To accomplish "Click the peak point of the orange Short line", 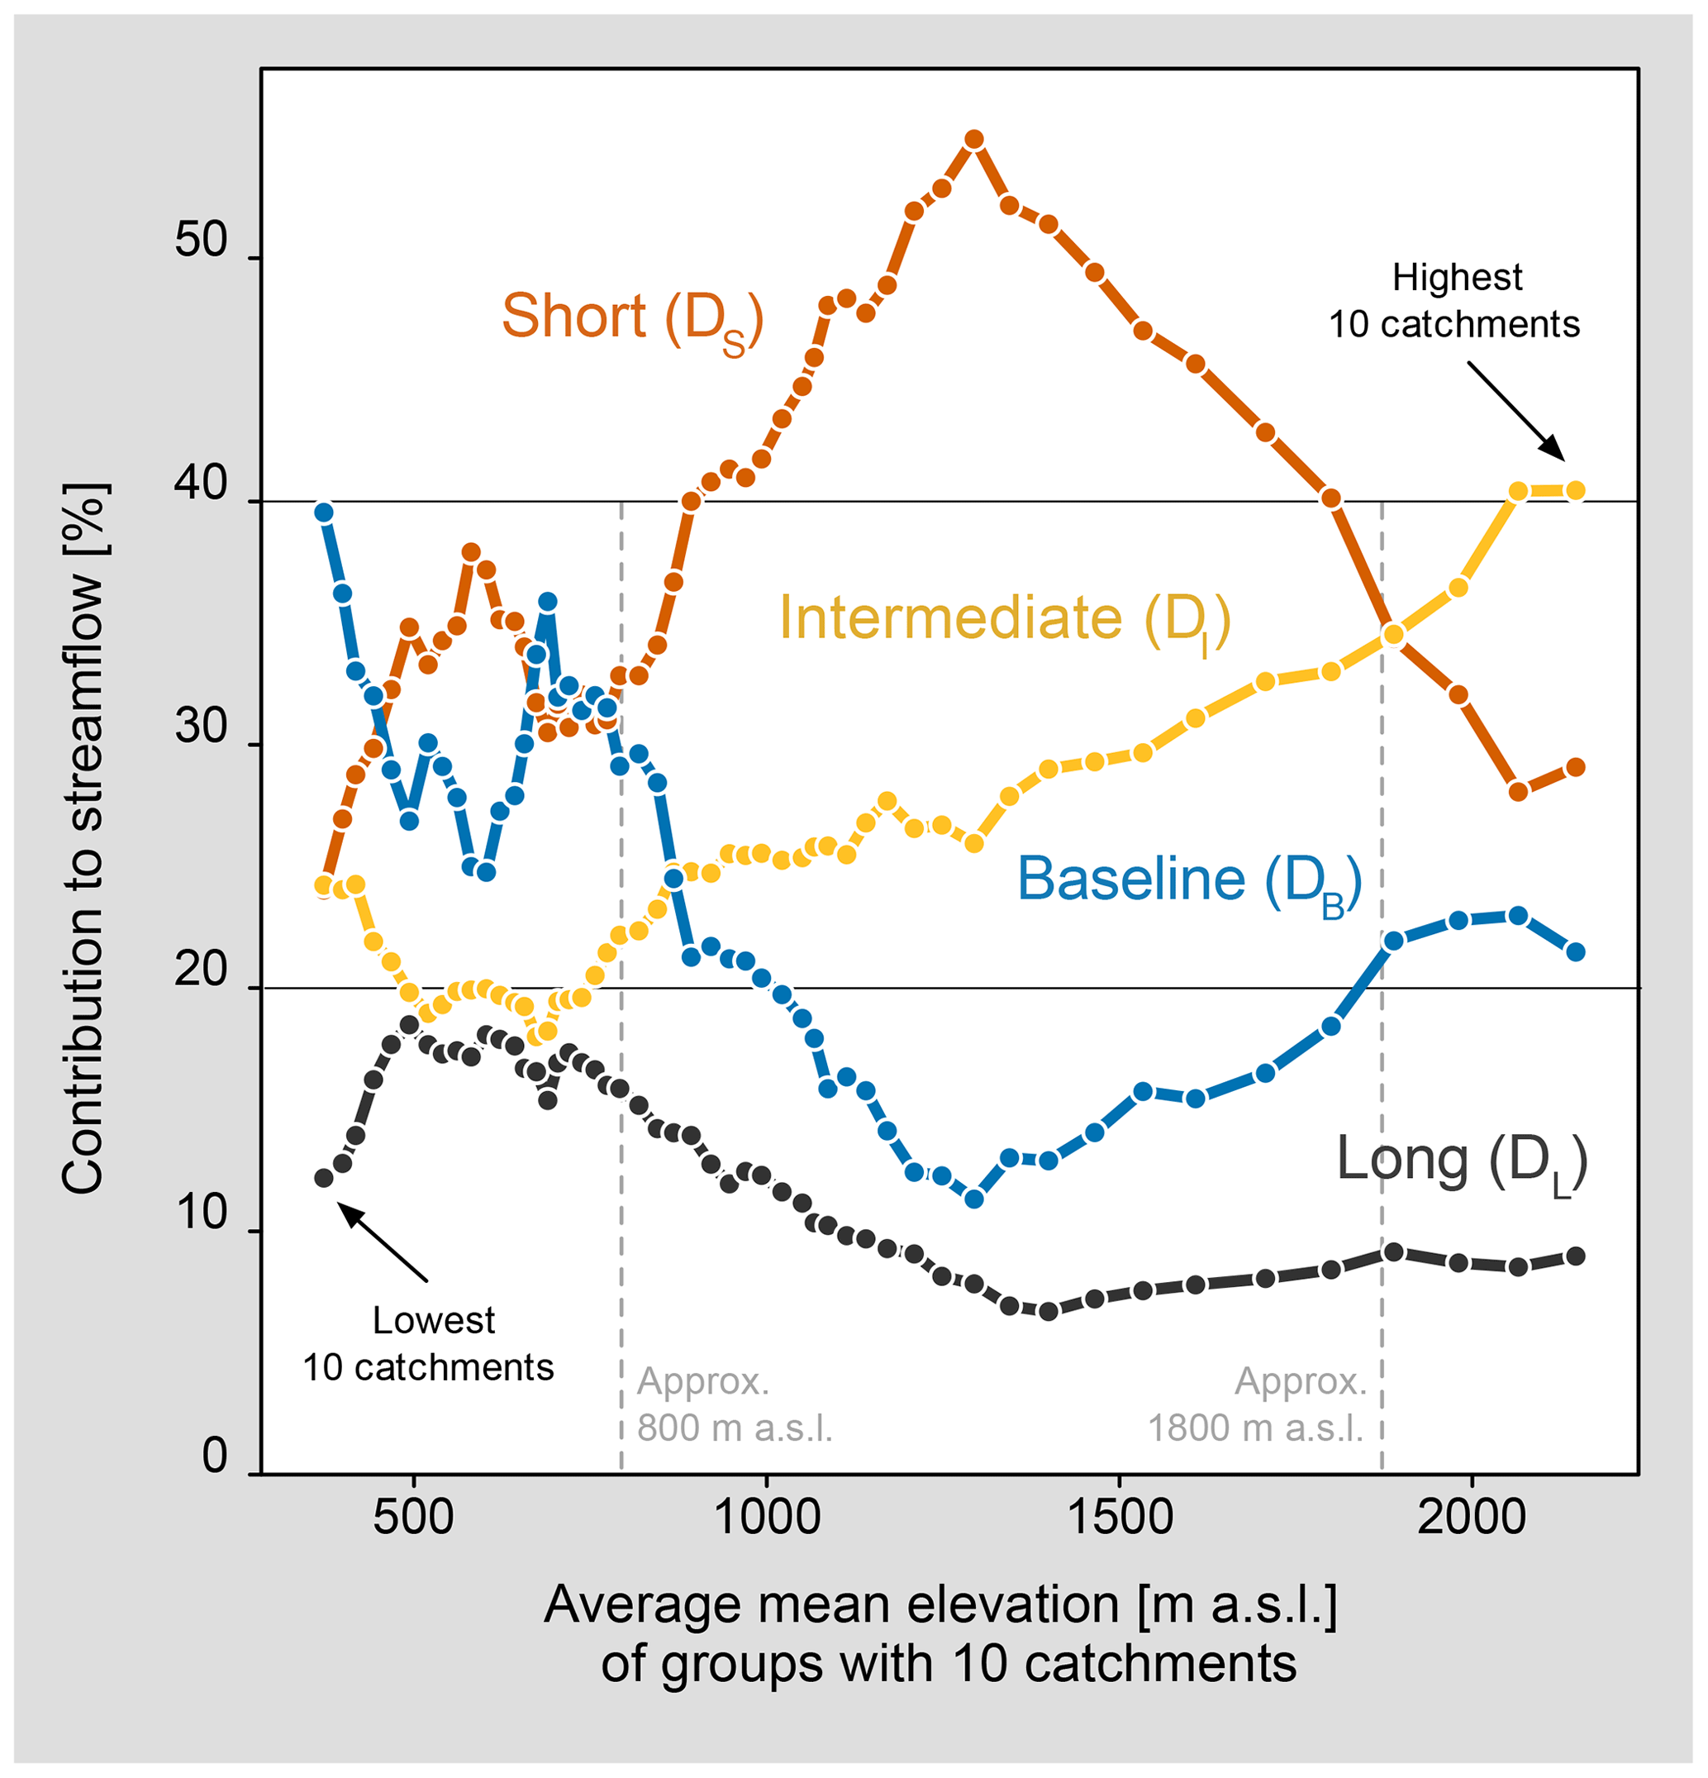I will [974, 140].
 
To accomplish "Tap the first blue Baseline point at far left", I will [324, 512].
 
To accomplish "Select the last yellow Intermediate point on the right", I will [1576, 491].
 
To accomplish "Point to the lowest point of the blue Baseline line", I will [974, 1199].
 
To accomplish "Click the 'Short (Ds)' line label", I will [632, 319].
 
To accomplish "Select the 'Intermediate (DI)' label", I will [1004, 621].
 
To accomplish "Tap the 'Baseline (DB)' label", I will [1189, 882].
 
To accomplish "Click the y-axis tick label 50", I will [201, 241].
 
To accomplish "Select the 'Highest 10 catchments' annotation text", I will [1454, 301].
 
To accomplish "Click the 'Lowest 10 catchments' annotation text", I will [428, 1343].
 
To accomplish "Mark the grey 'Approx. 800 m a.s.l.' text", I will [734, 1404].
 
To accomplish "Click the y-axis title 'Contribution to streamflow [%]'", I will [83, 839].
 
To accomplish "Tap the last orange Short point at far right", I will [1576, 767].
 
